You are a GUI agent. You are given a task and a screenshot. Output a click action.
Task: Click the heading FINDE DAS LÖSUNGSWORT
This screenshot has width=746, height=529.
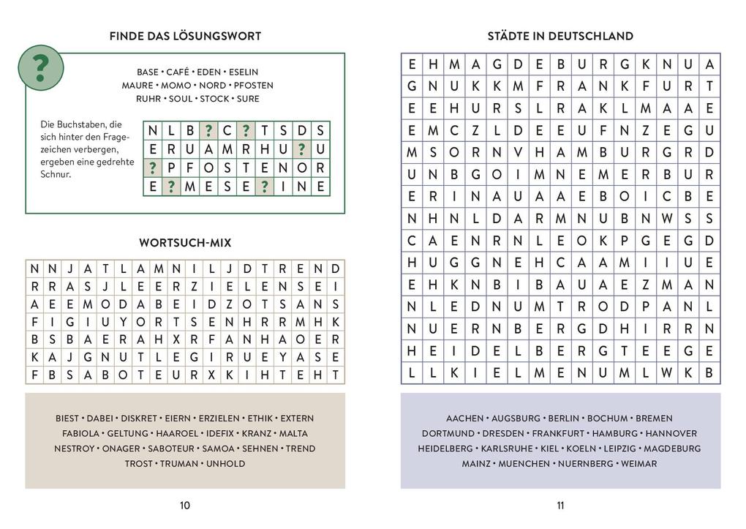click(184, 36)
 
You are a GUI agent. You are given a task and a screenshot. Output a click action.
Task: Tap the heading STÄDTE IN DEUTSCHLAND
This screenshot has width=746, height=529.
click(560, 36)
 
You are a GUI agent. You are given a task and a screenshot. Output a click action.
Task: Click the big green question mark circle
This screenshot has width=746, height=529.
click(41, 68)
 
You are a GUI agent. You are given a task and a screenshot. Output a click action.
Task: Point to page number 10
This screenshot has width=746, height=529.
click(184, 505)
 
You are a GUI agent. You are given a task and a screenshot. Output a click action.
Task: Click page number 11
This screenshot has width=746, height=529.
click(560, 505)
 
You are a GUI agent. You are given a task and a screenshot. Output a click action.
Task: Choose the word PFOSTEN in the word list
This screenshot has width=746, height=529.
click(254, 85)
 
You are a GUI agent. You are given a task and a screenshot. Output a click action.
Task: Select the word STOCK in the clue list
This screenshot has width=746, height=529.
click(214, 98)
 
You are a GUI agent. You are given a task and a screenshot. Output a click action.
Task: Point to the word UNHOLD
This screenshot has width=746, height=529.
click(225, 463)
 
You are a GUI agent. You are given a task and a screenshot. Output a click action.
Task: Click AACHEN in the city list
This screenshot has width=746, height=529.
click(464, 419)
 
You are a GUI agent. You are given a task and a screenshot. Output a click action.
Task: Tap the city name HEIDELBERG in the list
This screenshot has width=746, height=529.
click(445, 449)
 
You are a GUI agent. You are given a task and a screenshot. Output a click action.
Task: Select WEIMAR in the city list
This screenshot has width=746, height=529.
click(639, 463)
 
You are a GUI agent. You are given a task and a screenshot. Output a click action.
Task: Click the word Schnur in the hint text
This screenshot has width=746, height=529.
click(56, 175)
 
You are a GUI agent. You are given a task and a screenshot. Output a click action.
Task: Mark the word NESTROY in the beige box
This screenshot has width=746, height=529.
click(74, 449)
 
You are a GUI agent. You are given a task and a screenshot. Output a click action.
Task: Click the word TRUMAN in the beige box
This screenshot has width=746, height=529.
click(179, 463)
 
